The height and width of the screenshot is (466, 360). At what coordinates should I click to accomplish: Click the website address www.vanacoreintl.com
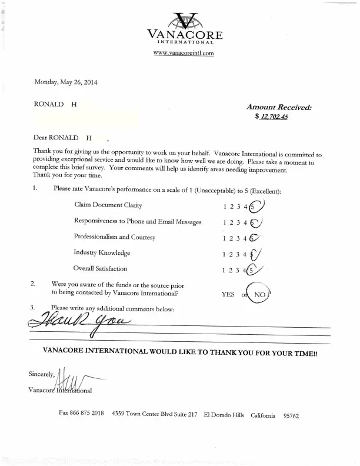click(x=183, y=53)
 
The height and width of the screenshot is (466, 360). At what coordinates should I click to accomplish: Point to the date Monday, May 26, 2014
click(x=65, y=82)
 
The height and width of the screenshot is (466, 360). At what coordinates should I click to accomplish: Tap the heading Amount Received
click(x=279, y=107)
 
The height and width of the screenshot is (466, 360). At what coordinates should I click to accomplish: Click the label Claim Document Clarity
click(x=108, y=205)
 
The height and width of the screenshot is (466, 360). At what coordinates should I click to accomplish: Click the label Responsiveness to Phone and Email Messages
click(x=138, y=221)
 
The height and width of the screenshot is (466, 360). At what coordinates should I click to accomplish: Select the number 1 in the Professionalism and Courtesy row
click(x=225, y=238)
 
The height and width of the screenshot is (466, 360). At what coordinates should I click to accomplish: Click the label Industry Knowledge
click(x=102, y=252)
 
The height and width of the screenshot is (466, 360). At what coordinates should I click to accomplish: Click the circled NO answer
click(x=259, y=294)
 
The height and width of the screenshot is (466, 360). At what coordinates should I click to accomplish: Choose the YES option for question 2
click(x=228, y=294)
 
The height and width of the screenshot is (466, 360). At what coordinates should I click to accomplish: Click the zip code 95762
click(x=291, y=415)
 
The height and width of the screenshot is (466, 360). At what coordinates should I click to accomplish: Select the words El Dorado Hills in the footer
click(x=224, y=415)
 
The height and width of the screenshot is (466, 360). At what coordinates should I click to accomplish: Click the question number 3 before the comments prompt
click(x=32, y=307)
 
